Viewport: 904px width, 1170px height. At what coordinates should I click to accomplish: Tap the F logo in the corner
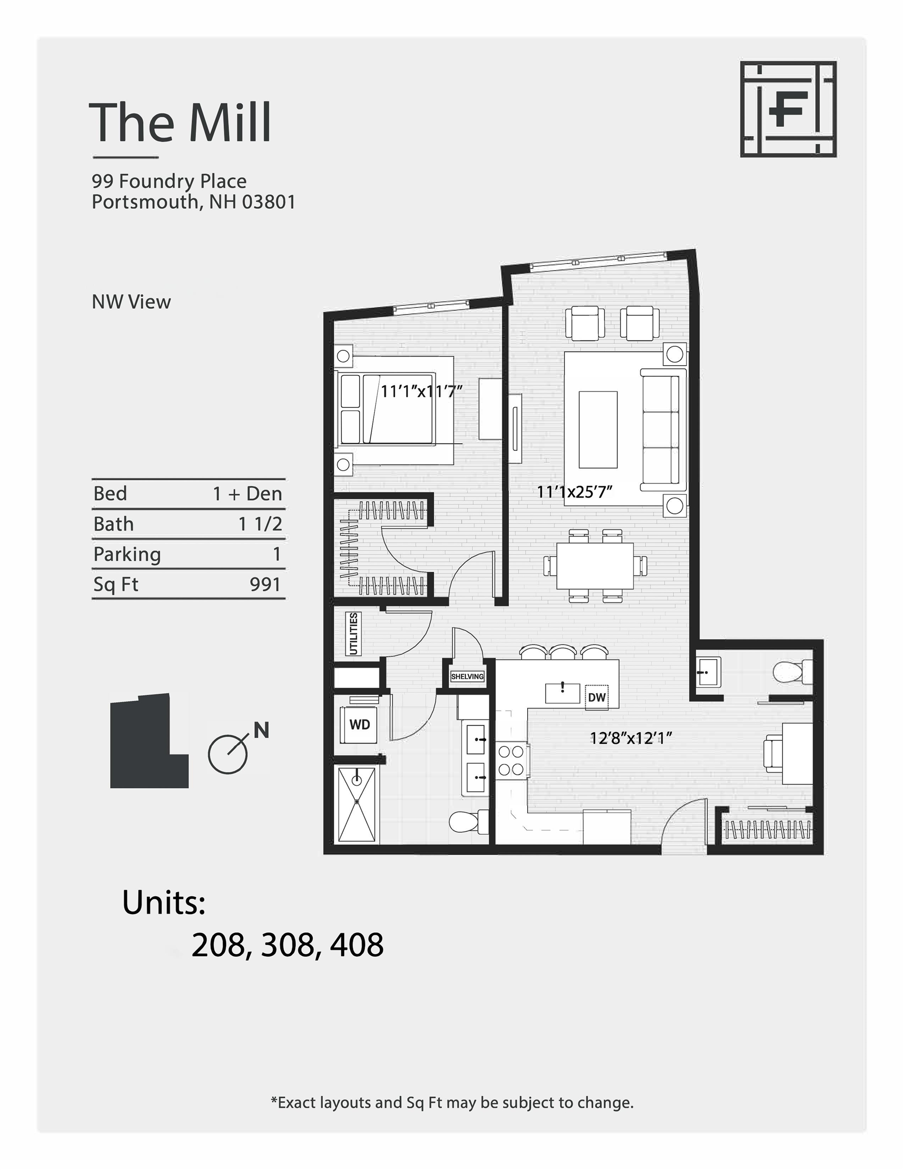(788, 109)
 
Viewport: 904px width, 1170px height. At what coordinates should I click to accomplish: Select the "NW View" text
(132, 302)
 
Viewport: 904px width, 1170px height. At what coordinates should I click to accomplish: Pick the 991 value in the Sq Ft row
(265, 584)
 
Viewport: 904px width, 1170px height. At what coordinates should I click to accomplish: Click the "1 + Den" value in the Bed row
(247, 494)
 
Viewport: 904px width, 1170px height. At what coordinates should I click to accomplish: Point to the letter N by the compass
(261, 730)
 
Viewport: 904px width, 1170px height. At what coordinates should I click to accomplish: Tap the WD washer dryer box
(360, 725)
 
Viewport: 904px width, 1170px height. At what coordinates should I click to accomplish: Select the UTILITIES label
(353, 634)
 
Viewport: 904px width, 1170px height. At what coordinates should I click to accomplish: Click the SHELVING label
(467, 676)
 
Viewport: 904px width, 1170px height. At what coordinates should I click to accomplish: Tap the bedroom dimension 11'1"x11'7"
(421, 392)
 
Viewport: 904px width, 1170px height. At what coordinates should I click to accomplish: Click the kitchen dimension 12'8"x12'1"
(631, 739)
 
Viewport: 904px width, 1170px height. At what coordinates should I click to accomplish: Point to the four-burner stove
(511, 761)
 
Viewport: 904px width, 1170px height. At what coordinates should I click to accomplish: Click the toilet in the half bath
(791, 672)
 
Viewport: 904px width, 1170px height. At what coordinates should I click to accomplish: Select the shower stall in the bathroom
(357, 804)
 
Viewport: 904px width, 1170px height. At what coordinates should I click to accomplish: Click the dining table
(595, 566)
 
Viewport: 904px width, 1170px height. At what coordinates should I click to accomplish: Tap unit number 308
(287, 945)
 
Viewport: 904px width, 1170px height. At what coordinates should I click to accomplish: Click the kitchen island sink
(562, 693)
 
